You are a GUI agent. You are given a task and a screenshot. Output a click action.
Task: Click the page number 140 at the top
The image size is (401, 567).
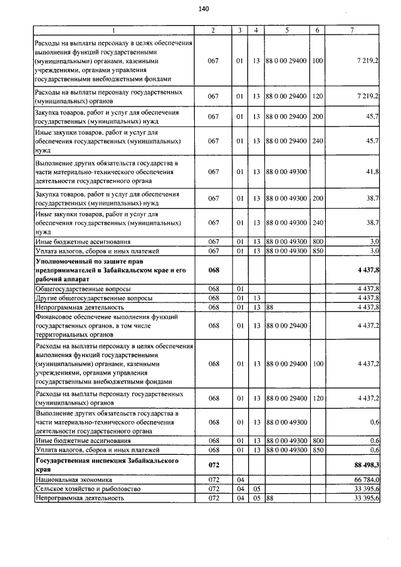coord(203,8)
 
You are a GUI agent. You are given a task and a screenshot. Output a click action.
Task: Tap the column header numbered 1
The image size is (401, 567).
coord(113,30)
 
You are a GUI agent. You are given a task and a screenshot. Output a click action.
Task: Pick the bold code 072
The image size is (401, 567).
coord(213,464)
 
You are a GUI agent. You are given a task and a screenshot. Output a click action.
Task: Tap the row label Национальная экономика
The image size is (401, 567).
coord(74,479)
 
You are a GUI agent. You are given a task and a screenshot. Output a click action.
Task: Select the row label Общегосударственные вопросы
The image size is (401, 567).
coord(83,288)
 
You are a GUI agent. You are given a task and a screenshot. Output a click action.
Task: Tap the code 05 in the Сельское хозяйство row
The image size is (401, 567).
coord(255,488)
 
